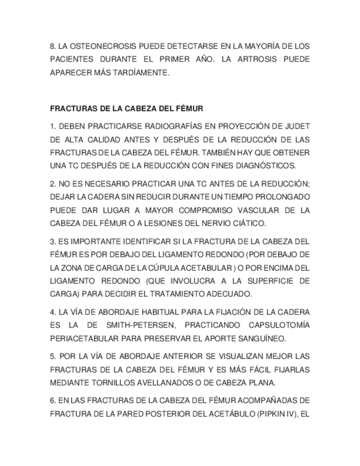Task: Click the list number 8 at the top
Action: click(52, 46)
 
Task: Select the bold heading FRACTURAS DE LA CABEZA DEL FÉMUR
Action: click(126, 109)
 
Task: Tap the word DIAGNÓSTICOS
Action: click(266, 165)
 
